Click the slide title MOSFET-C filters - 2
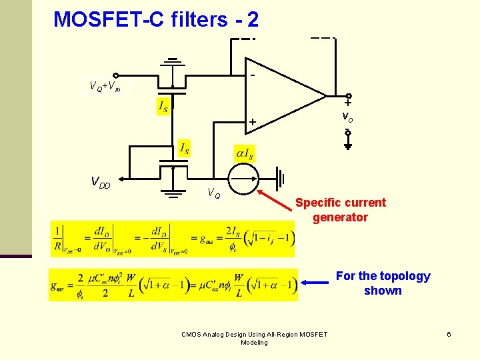[156, 19]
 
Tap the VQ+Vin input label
[105, 86]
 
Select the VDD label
[101, 181]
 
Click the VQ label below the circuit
[214, 194]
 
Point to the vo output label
[347, 116]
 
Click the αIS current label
[243, 154]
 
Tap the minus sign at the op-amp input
[253, 75]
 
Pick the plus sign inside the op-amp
[253, 122]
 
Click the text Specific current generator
[340, 210]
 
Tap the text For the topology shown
[383, 283]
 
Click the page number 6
[449, 334]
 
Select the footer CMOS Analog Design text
[254, 338]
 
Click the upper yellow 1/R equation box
[172, 239]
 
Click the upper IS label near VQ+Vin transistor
[162, 106]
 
